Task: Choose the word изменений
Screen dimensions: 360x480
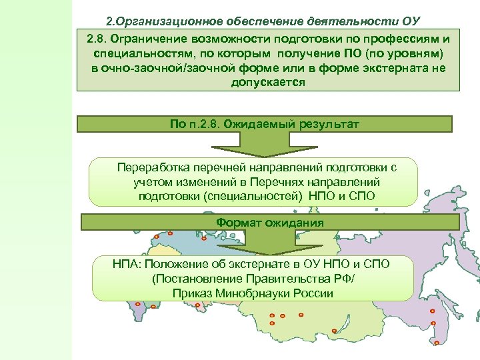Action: pyautogui.click(x=217, y=181)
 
